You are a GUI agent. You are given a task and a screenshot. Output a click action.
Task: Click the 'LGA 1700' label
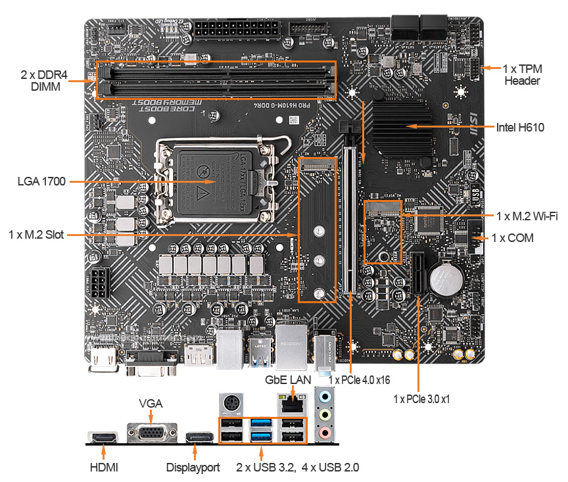coord(41,181)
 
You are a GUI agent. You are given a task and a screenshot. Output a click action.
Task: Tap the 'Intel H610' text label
coord(521,128)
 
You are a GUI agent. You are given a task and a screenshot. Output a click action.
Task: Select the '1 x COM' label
coord(513,238)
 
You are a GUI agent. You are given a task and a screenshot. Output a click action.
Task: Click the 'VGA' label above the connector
coord(151,403)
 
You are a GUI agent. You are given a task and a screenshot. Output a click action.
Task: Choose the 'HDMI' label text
coord(103,468)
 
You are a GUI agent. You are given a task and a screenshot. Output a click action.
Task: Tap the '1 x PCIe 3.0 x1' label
coord(421,398)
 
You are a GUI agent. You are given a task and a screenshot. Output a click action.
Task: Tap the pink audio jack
coord(324,432)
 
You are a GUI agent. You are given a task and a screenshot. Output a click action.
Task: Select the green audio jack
coord(324,415)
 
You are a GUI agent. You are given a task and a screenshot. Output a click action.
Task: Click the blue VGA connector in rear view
coord(151,433)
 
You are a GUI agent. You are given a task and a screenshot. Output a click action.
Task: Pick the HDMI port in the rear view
coord(103,437)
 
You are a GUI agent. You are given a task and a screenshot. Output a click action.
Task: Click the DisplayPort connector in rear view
coord(198,437)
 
